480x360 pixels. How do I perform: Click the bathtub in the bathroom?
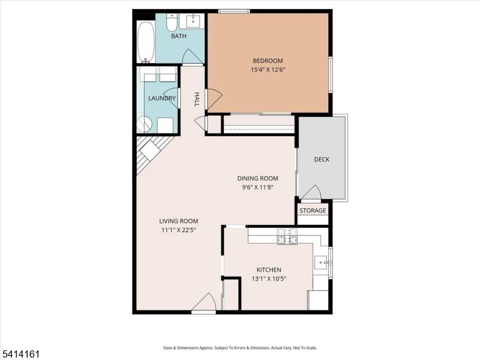point(146,41)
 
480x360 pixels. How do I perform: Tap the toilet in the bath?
point(171,23)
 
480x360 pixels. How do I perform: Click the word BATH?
point(179,36)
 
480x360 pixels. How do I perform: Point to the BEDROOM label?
point(268,61)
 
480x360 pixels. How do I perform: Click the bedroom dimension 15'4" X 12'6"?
point(268,70)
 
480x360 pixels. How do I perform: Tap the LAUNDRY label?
point(162,98)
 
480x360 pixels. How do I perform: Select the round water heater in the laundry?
point(145,124)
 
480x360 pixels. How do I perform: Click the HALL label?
point(197,99)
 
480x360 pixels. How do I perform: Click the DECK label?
point(322,160)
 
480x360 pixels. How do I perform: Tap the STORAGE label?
point(313,211)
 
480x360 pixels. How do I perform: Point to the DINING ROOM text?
point(258,178)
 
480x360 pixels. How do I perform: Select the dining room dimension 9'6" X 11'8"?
point(258,187)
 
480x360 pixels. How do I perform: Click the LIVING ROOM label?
point(179,221)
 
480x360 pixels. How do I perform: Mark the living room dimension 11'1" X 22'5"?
point(179,230)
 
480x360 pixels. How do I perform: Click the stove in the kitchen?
point(286,237)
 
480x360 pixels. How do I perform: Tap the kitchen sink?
point(321,262)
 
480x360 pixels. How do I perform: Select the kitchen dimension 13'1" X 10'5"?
point(269,278)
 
